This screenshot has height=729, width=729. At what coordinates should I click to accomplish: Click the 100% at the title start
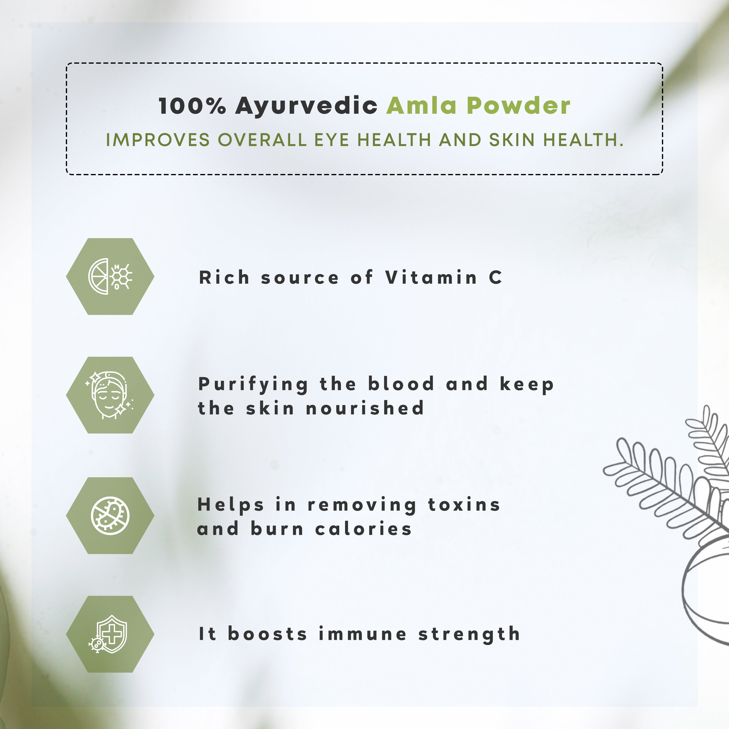tap(192, 106)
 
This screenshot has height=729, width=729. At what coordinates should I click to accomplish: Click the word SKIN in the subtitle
tap(512, 140)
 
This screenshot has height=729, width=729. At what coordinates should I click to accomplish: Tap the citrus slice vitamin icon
tap(110, 276)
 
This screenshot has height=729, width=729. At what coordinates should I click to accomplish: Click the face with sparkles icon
tap(110, 395)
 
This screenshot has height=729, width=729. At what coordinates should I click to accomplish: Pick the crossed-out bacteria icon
tap(110, 515)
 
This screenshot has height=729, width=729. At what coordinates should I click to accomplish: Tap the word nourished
tap(365, 408)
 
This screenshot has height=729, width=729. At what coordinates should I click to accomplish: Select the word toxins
tap(464, 505)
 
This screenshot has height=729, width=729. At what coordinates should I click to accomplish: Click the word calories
tap(363, 529)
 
